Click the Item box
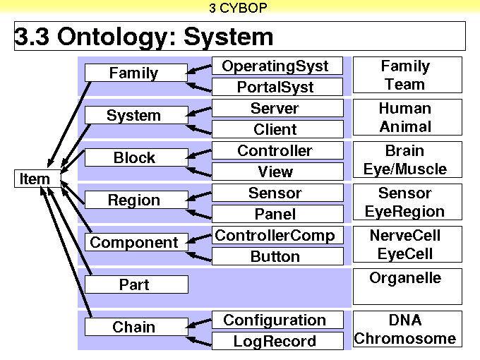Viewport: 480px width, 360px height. pos(37,179)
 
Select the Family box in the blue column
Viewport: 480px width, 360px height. pos(136,73)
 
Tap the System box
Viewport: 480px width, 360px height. pos(136,115)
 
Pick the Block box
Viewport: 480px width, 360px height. pos(136,157)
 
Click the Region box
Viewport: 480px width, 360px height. pos(136,200)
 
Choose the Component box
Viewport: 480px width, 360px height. pos(136,242)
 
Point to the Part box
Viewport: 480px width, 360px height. pos(136,284)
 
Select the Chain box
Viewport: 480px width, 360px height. pos(136,327)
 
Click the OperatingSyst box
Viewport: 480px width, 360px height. pos(277,66)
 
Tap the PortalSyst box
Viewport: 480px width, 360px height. pos(277,87)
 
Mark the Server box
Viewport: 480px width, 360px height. pos(277,108)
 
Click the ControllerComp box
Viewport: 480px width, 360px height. pos(277,235)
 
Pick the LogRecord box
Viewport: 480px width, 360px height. pos(277,341)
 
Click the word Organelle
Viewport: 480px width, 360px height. pos(405,278)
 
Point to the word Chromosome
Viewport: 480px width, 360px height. pos(405,338)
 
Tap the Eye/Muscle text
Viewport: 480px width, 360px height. pos(405,169)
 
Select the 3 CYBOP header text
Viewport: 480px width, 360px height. pos(238,8)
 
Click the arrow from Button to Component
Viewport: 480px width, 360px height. pos(198,257)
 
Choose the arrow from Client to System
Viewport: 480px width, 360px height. pos(198,130)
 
